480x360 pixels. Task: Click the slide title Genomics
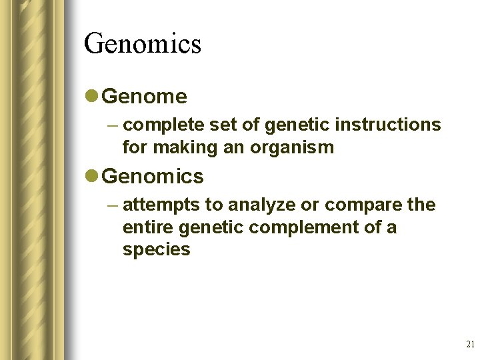point(143,44)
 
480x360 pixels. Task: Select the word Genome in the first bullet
point(145,97)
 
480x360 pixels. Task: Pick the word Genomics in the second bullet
point(153,177)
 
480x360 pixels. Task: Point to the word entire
point(143,227)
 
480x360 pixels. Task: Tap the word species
point(156,250)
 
